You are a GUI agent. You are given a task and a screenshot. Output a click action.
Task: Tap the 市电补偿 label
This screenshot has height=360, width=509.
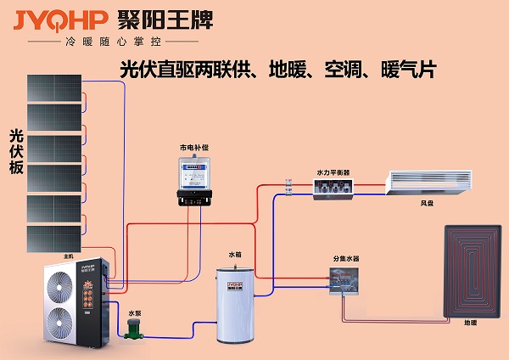[194, 147]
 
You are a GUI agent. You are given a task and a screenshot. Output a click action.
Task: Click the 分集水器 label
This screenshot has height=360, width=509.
[347, 258]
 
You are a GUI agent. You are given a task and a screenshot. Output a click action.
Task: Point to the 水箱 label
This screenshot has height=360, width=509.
[234, 255]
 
